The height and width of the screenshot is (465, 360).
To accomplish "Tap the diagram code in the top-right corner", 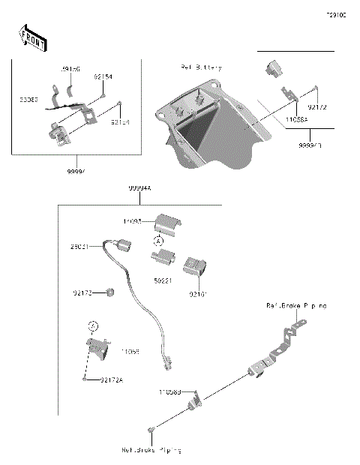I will click(x=335, y=14).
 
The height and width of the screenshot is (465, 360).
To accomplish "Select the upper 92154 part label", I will click(x=103, y=76).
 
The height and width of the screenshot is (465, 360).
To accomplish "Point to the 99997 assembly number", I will click(x=76, y=171).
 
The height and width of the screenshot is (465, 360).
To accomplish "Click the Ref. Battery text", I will click(x=201, y=67).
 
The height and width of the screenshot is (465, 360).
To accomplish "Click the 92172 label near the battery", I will click(x=317, y=107).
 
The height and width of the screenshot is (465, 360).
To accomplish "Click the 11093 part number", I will click(x=133, y=222).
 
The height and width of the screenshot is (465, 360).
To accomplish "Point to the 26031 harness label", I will click(x=81, y=245).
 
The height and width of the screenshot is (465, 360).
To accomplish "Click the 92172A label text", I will click(x=111, y=380).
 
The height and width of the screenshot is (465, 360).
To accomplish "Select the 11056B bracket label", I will click(x=169, y=391).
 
